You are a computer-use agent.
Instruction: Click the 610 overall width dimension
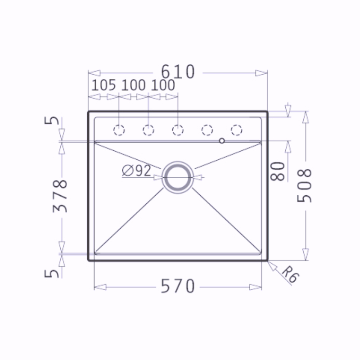tap(178, 72)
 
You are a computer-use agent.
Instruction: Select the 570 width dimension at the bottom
tap(178, 286)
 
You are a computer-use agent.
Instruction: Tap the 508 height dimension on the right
tap(304, 185)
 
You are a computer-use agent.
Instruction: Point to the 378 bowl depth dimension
tap(60, 196)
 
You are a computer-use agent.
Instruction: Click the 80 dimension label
tap(278, 171)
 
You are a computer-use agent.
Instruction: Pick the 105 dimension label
tap(103, 85)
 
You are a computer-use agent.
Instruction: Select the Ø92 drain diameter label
tap(137, 171)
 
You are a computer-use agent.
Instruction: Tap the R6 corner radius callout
tap(290, 274)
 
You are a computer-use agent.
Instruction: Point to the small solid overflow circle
tap(222, 141)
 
